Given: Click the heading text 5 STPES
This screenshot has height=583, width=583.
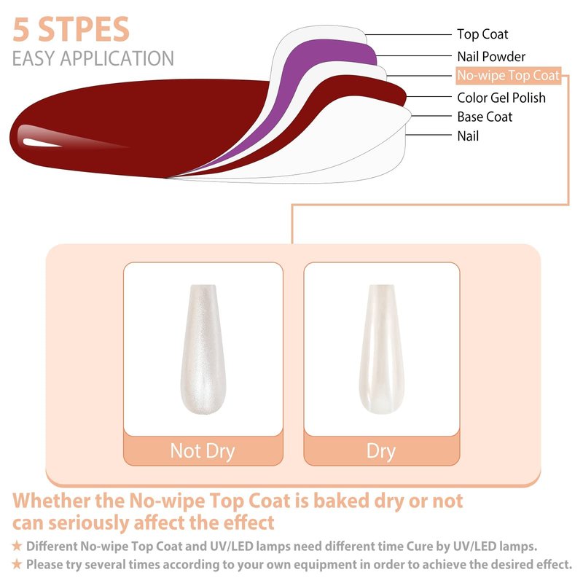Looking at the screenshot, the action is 71,29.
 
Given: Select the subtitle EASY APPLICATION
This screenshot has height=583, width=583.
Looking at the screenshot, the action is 93,58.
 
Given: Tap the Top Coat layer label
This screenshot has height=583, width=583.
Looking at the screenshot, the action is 482,34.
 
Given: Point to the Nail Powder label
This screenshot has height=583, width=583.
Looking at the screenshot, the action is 491,57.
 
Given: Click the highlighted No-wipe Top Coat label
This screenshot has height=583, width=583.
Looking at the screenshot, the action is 508,76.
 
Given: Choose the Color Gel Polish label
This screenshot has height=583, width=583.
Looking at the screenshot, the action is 501,98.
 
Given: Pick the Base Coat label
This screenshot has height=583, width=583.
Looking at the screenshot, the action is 485,117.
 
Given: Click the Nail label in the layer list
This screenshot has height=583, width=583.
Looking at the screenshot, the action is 468,136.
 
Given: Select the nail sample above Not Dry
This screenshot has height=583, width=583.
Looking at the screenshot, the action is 203,349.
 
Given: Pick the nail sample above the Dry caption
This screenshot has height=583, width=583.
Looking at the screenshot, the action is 381,349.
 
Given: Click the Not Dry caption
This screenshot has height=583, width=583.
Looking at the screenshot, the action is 203,451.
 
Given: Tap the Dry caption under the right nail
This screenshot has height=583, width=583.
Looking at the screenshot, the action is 381,451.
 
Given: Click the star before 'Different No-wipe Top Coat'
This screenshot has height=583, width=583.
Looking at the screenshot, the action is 17,546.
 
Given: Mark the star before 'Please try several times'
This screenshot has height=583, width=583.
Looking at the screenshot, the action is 17,564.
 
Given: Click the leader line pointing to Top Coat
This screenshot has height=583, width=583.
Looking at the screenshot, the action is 408,34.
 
